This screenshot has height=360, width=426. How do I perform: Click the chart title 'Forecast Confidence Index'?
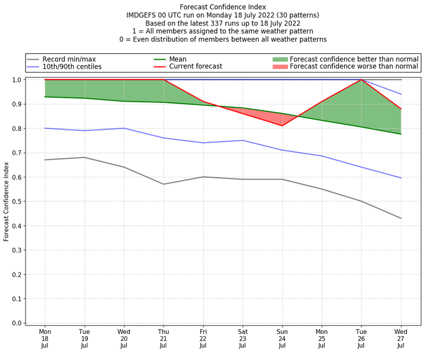pos(223,7)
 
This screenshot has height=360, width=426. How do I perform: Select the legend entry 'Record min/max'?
pos(69,59)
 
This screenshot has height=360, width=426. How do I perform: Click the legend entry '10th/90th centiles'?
pos(72,67)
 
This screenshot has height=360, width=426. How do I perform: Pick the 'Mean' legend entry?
pos(178,59)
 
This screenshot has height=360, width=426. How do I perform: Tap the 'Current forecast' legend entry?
pos(195,67)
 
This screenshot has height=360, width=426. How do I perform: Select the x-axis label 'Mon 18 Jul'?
pos(45,338)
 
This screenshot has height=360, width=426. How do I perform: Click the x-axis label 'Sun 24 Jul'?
pos(282,338)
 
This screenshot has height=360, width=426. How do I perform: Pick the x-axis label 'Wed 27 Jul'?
pos(401,338)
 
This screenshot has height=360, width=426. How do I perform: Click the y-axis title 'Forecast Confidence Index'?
pos(7,201)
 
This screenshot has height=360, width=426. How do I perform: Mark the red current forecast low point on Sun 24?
pos(282,126)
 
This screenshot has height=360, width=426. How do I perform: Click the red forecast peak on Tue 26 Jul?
pos(362,80)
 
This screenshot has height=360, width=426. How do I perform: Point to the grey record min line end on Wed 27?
pos(401,218)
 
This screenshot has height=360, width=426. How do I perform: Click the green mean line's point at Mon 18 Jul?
pos(45,96)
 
